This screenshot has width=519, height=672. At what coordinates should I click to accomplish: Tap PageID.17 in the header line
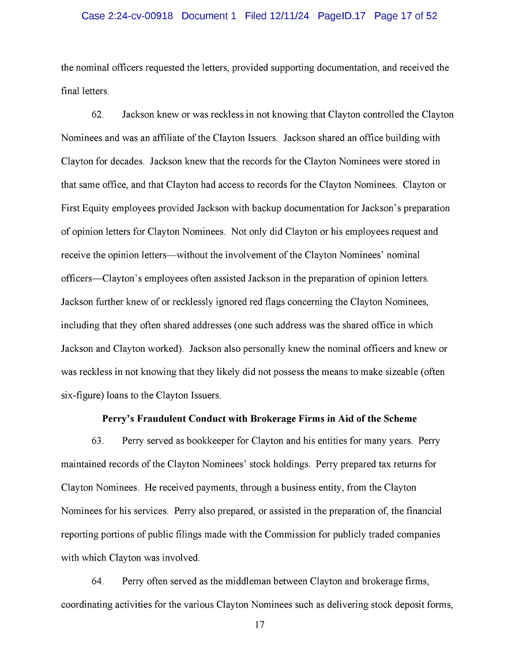click(x=341, y=16)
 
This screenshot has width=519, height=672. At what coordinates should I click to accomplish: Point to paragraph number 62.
click(x=97, y=115)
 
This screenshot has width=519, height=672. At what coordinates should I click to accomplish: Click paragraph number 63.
click(x=97, y=441)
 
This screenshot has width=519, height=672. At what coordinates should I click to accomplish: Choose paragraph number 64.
click(x=97, y=581)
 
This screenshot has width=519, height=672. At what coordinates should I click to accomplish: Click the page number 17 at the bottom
click(x=259, y=625)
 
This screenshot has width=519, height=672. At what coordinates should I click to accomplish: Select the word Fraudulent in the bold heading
click(x=164, y=419)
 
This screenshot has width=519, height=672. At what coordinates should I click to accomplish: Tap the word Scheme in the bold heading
click(x=399, y=419)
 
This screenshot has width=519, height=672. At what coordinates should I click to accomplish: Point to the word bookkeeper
click(x=211, y=441)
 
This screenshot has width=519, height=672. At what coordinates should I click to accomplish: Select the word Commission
click(x=291, y=535)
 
